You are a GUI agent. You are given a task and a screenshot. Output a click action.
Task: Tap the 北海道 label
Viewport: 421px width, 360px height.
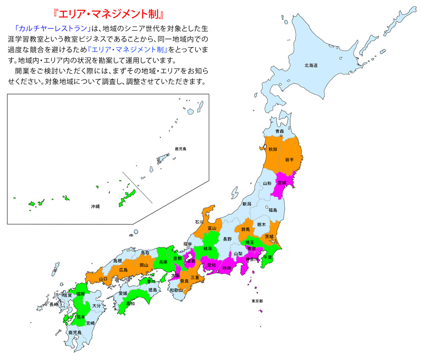pyautogui.click(x=311, y=66)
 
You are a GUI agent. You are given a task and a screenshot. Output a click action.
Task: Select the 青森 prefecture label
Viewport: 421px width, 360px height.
pyautogui.click(x=279, y=132)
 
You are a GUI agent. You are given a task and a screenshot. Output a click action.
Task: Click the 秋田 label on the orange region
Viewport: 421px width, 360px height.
pyautogui.click(x=273, y=149)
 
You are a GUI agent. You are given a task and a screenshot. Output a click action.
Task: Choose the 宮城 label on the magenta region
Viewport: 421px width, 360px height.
pyautogui.click(x=282, y=183)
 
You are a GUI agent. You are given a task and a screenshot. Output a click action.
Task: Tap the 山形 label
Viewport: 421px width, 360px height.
pyautogui.click(x=267, y=184)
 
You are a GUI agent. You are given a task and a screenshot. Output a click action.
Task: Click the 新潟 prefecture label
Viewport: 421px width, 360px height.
pyautogui.click(x=246, y=204)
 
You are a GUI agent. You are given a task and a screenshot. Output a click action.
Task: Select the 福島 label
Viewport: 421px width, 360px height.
pyautogui.click(x=273, y=210)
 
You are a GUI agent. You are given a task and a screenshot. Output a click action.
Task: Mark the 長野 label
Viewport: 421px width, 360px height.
pyautogui.click(x=227, y=238)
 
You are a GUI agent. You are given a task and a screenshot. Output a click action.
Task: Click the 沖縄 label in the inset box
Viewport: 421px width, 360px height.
pyautogui.click(x=95, y=206)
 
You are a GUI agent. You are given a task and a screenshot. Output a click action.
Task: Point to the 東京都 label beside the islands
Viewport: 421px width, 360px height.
pyautogui.click(x=258, y=301)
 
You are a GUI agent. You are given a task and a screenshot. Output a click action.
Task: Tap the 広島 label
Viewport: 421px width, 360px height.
pyautogui.click(x=123, y=270)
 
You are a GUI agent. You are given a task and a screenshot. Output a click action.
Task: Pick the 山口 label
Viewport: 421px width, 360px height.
pyautogui.click(x=103, y=279)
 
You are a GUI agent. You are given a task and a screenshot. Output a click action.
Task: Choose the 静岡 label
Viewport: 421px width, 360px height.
pyautogui.click(x=226, y=268)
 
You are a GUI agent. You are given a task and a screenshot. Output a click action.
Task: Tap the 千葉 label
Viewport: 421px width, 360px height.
pyautogui.click(x=268, y=257)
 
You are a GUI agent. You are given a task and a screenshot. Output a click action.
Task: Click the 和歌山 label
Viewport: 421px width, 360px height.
pyautogui.click(x=176, y=290)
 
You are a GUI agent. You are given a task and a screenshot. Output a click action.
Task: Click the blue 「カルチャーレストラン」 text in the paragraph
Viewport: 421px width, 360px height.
pyautogui.click(x=53, y=28)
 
